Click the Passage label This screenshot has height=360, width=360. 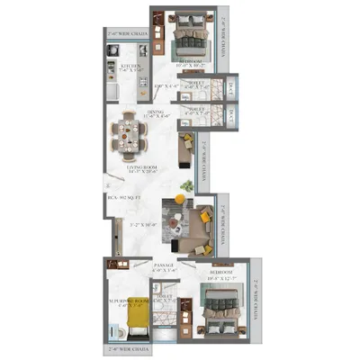click(x=164, y=267)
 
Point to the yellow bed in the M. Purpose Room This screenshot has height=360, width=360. click(x=135, y=316)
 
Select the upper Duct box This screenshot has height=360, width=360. click(x=231, y=85)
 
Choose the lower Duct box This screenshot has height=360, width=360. click(x=231, y=114)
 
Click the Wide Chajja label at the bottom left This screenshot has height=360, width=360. click(x=126, y=346)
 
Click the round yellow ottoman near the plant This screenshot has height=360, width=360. click(x=181, y=197)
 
